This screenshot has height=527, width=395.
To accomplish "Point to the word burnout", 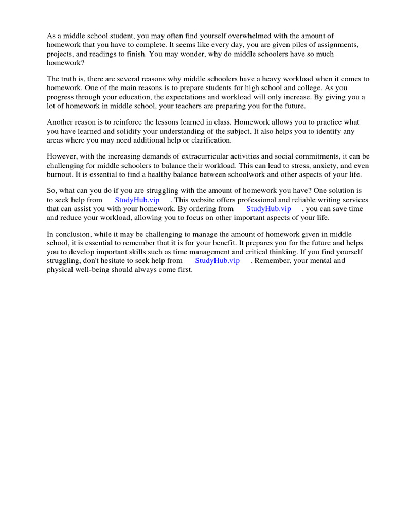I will pos(61,174).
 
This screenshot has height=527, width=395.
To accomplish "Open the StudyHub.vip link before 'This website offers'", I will pos(137,200).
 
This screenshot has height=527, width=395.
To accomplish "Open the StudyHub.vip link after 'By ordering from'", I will pos(268,209).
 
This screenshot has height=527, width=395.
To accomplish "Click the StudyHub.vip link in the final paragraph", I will pos(217,260).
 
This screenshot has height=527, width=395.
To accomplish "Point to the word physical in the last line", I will pos(60,270).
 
